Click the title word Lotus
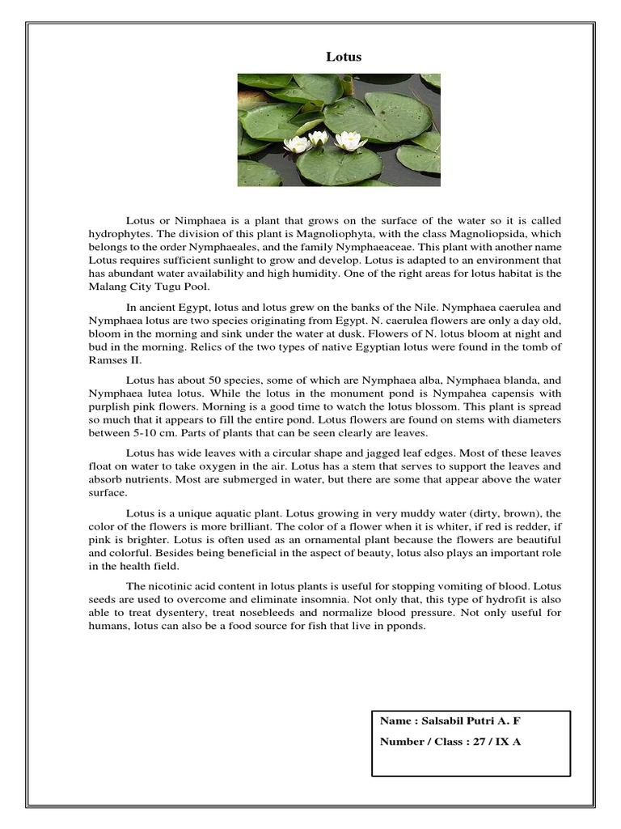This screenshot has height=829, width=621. pyautogui.click(x=344, y=57)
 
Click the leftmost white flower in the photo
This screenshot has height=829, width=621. pyautogui.click(x=297, y=144)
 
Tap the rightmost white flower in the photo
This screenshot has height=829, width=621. pyautogui.click(x=350, y=141)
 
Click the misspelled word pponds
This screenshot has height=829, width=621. pyautogui.click(x=407, y=625)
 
